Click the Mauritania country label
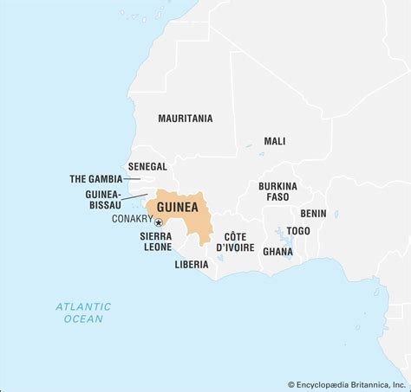[185, 119]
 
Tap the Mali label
[275, 141]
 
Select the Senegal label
[147, 165]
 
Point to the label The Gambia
[95, 179]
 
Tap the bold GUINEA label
[178, 209]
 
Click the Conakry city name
[132, 219]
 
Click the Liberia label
[191, 264]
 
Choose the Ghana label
[277, 252]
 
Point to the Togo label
[298, 231]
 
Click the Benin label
[313, 213]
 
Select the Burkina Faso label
[277, 191]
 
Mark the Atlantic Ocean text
[83, 312]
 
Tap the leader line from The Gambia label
[133, 179]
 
